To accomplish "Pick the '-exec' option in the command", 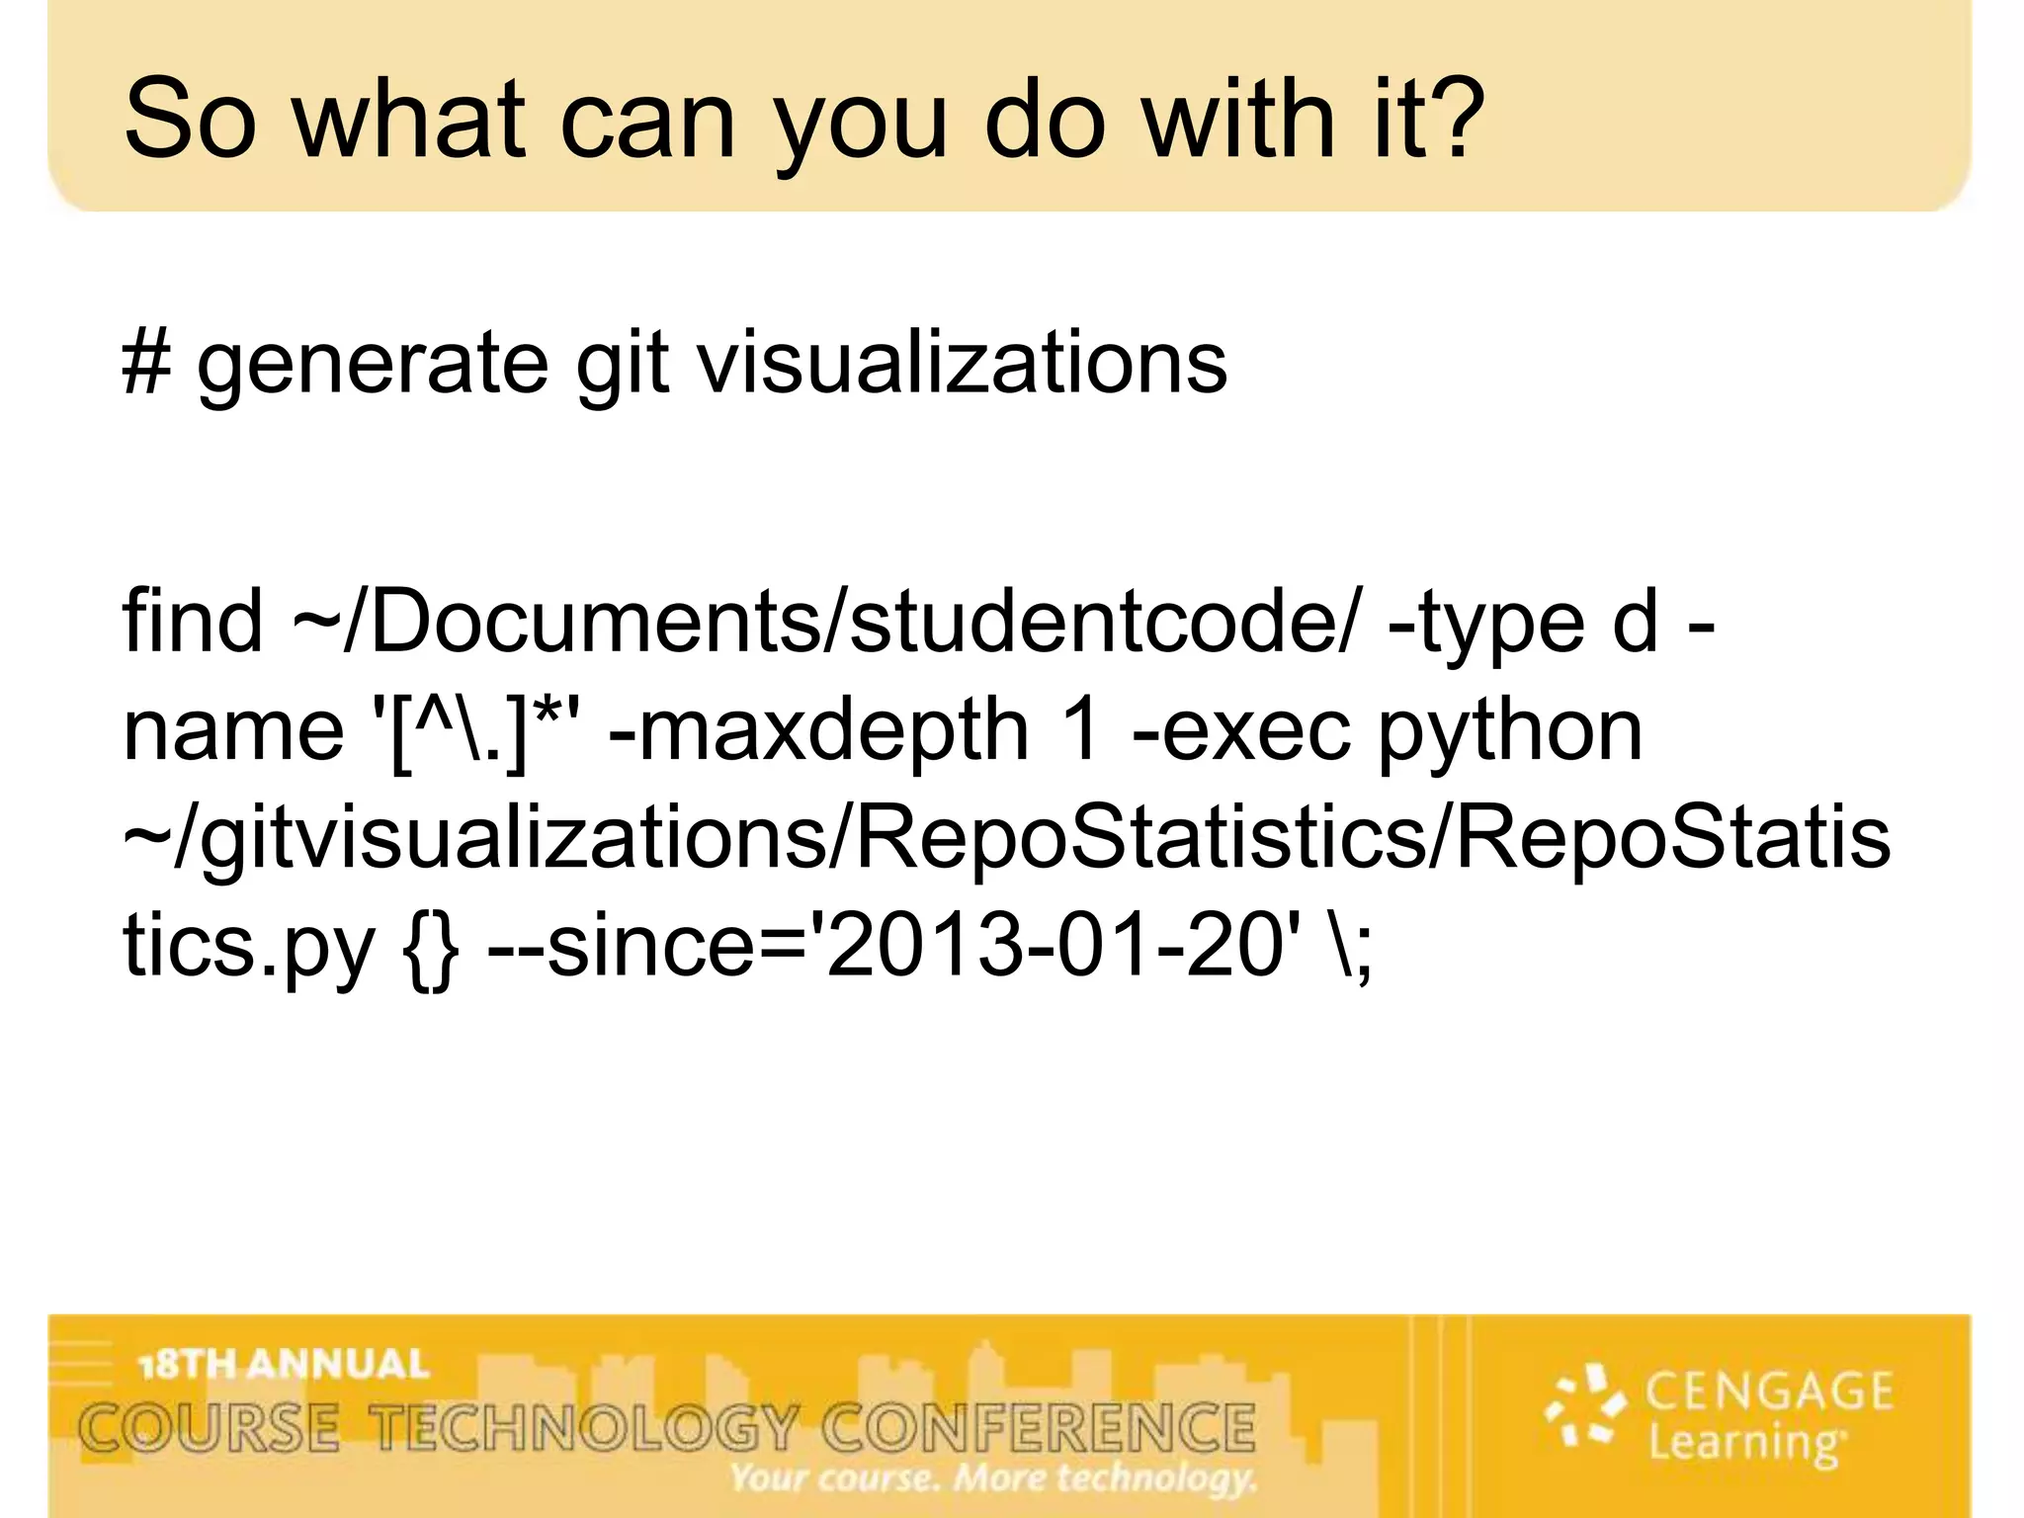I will coord(1240,732).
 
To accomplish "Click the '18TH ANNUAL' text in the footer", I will coord(285,1365).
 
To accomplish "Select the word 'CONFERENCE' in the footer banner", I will coord(1039,1428).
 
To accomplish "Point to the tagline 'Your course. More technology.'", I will coord(993,1478).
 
